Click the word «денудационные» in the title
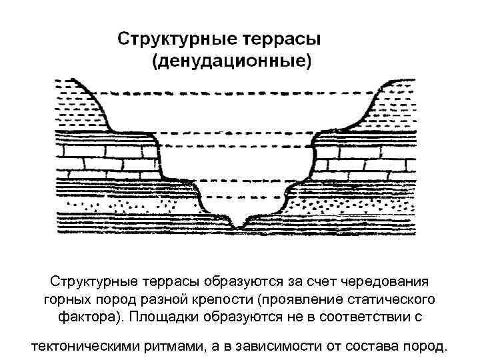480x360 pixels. pos(231,62)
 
